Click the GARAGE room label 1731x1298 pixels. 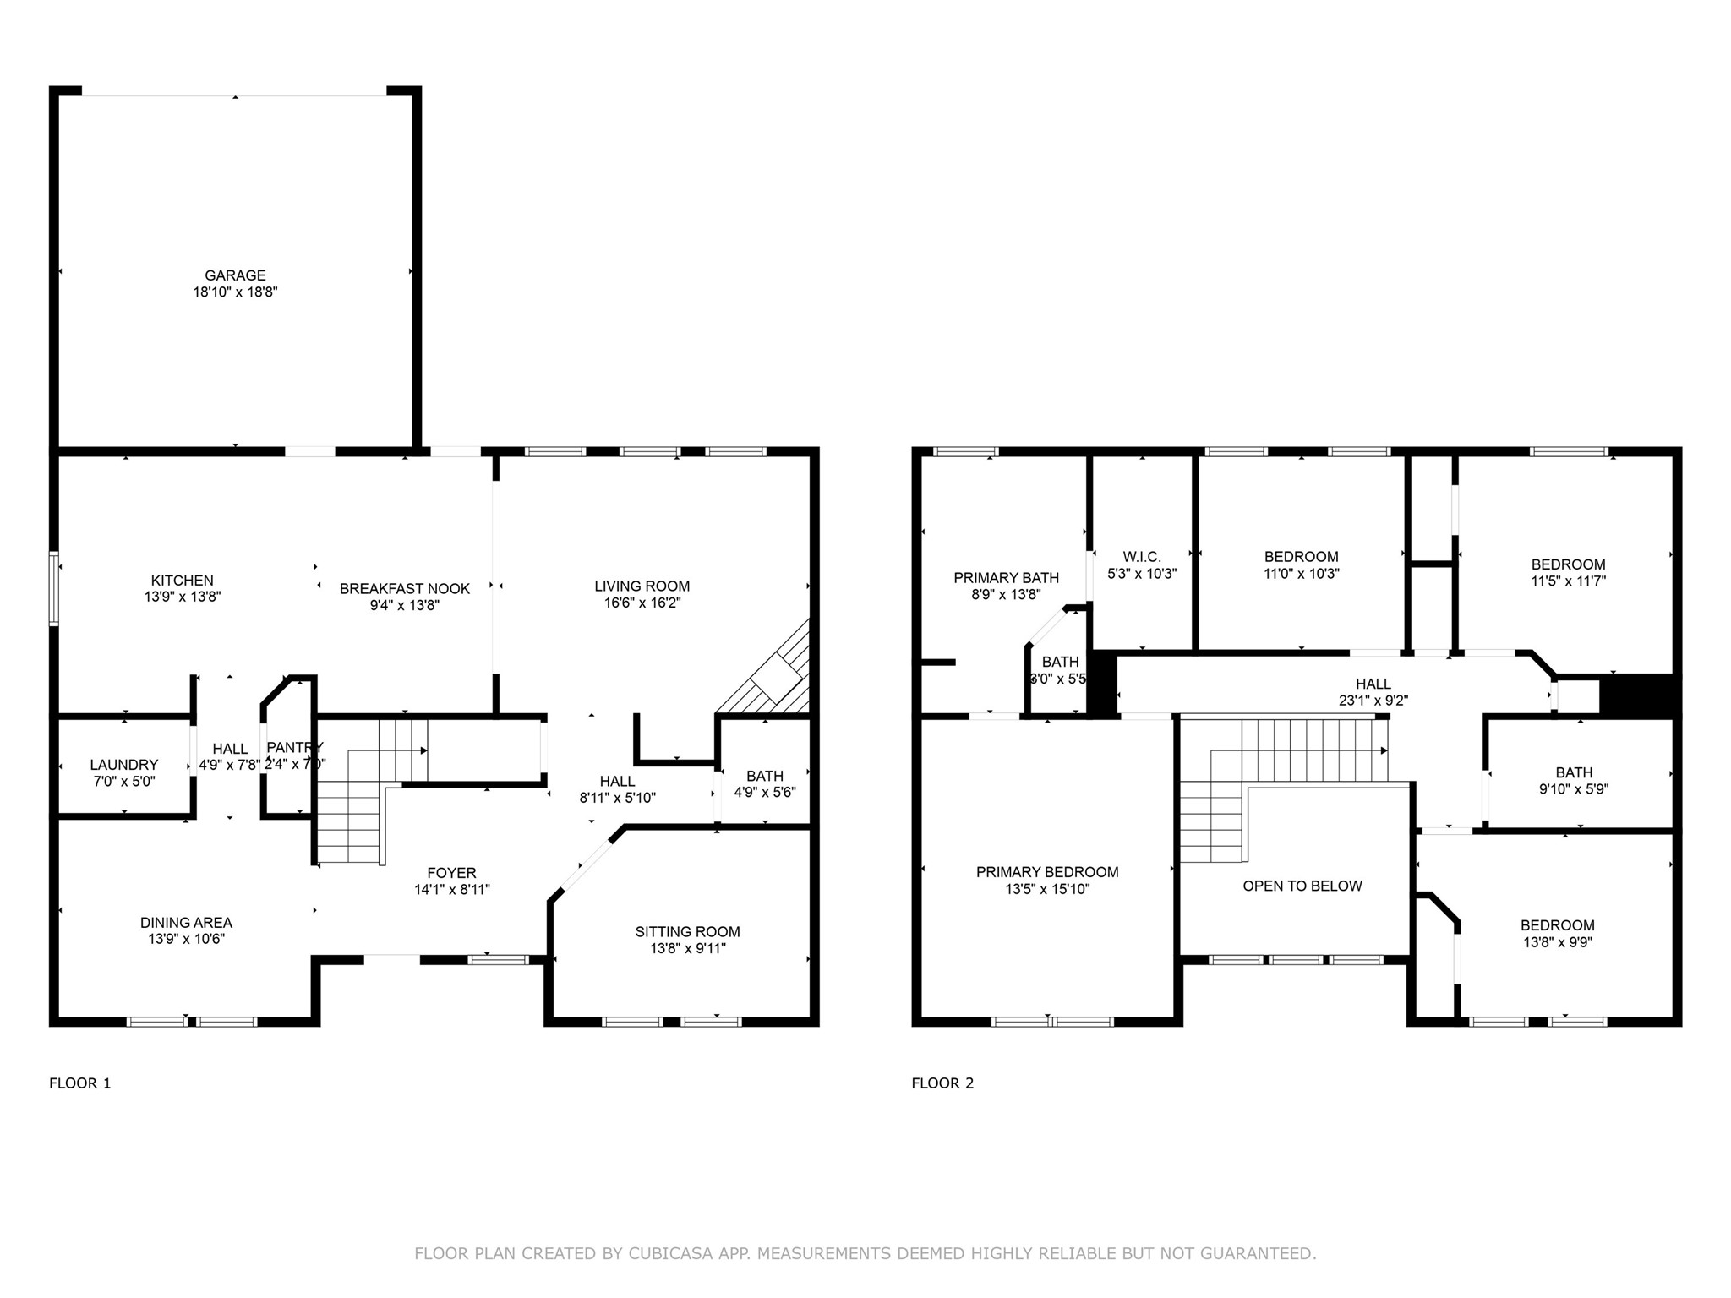click(235, 275)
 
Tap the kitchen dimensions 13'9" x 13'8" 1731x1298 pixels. click(183, 597)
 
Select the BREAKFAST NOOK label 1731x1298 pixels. click(404, 588)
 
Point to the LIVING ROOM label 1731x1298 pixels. click(642, 586)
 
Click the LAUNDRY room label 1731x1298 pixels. click(124, 765)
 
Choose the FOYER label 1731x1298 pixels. click(451, 873)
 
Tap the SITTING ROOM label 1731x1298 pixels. click(687, 931)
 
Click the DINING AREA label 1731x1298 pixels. click(186, 923)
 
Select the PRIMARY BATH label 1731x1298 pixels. click(1006, 578)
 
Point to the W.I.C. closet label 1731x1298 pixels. click(1141, 557)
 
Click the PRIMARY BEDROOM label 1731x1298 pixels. click(1047, 872)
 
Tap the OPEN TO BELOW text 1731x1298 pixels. click(1302, 886)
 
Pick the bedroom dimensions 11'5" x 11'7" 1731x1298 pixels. click(1568, 581)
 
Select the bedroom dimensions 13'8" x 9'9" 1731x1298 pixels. click(1557, 942)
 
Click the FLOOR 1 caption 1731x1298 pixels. click(80, 1083)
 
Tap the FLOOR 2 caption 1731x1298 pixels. click(942, 1083)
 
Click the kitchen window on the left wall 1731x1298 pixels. click(54, 589)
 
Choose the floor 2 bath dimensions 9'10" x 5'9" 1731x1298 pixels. click(1574, 789)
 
